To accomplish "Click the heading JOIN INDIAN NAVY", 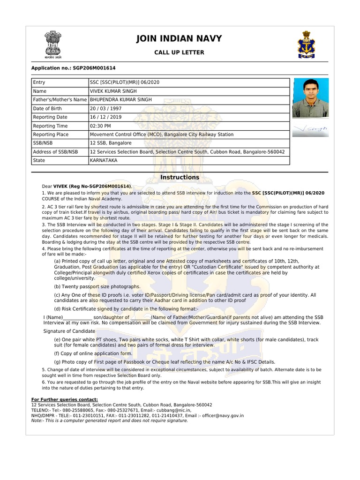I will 179,38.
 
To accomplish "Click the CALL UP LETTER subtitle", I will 179,52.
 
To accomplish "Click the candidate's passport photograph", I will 310,97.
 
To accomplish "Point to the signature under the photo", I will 310,128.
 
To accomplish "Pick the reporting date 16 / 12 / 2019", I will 105,117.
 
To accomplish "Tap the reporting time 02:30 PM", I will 100,126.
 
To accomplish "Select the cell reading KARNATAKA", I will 104,160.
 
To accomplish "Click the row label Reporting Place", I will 51,135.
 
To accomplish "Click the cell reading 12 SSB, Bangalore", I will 111,143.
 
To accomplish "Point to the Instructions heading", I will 180,177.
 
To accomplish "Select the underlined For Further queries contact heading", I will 65,399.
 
